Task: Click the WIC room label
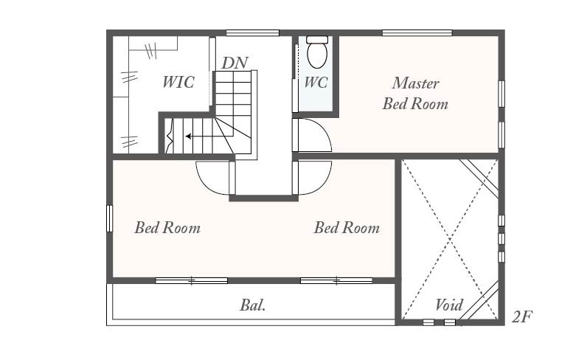[x=178, y=82]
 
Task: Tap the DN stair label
[x=235, y=63]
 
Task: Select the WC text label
[x=316, y=82]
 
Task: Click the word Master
[x=415, y=83]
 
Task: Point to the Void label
[x=449, y=305]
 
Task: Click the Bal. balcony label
[x=252, y=305]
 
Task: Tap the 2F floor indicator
[x=522, y=316]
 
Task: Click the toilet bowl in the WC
[x=317, y=55]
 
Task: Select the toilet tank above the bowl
[x=317, y=40]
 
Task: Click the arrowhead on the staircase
[x=189, y=136]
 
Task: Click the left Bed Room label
[x=167, y=227]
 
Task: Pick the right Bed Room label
[x=347, y=227]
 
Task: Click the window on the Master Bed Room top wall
[x=417, y=33]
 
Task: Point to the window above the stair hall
[x=252, y=33]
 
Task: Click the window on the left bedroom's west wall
[x=109, y=218]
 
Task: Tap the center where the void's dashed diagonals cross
[x=450, y=240]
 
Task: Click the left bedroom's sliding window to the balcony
[x=192, y=280]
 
